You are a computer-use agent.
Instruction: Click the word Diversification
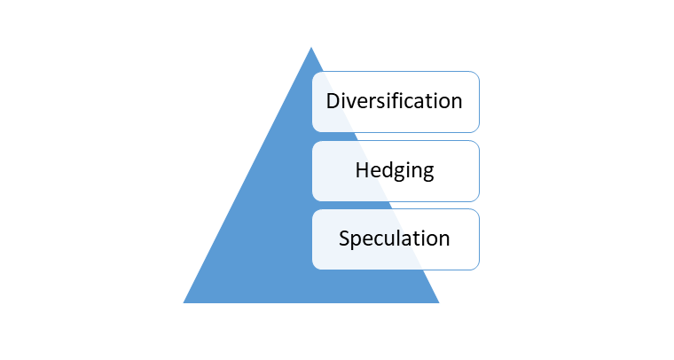[394, 101]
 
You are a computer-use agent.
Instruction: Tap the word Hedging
[395, 170]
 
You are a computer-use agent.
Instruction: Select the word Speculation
[394, 239]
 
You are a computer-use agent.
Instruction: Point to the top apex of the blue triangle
[311, 47]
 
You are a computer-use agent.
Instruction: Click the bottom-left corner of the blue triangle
[184, 303]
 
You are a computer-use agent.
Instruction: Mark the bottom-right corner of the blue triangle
[439, 303]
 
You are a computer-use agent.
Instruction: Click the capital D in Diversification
[333, 101]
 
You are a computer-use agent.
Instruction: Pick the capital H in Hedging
[362, 170]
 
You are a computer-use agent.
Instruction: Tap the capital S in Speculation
[344, 239]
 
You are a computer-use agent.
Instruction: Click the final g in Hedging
[427, 174]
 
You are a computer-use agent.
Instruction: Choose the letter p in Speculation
[357, 242]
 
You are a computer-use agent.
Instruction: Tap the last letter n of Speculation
[444, 240]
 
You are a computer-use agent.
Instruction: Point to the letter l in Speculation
[404, 238]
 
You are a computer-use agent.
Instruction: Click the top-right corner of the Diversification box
[479, 72]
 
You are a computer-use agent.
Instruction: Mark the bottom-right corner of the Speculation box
[479, 270]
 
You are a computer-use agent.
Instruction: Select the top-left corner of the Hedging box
[312, 141]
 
